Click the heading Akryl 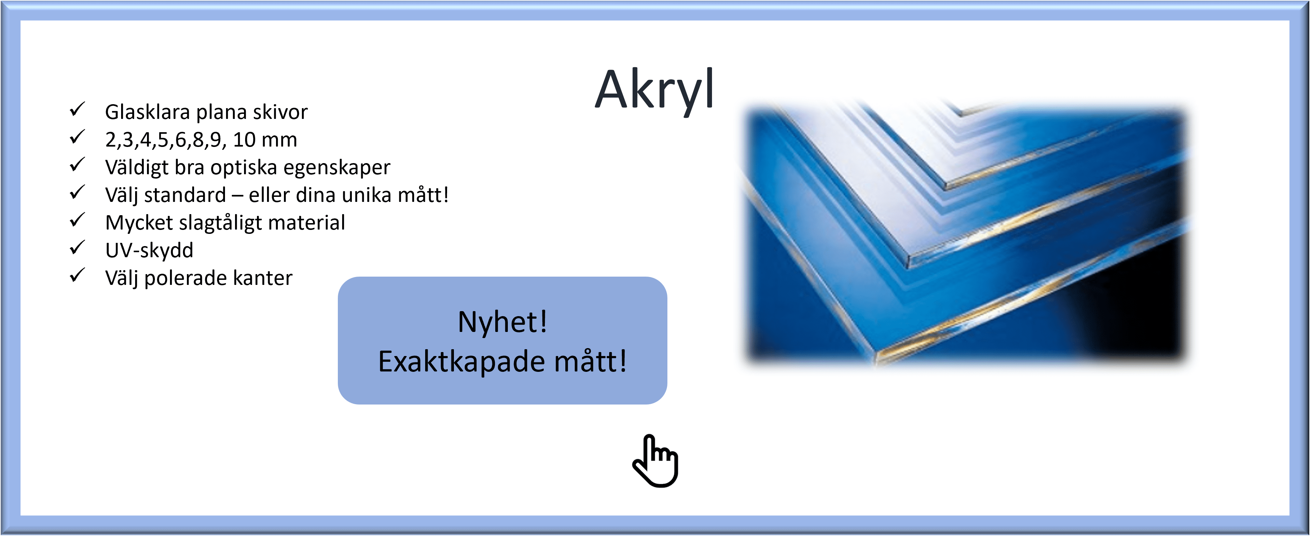coord(654,91)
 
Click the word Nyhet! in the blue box coord(502,322)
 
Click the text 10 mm coord(265,139)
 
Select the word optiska coord(244,168)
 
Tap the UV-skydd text coord(149,250)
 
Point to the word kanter coord(262,278)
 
